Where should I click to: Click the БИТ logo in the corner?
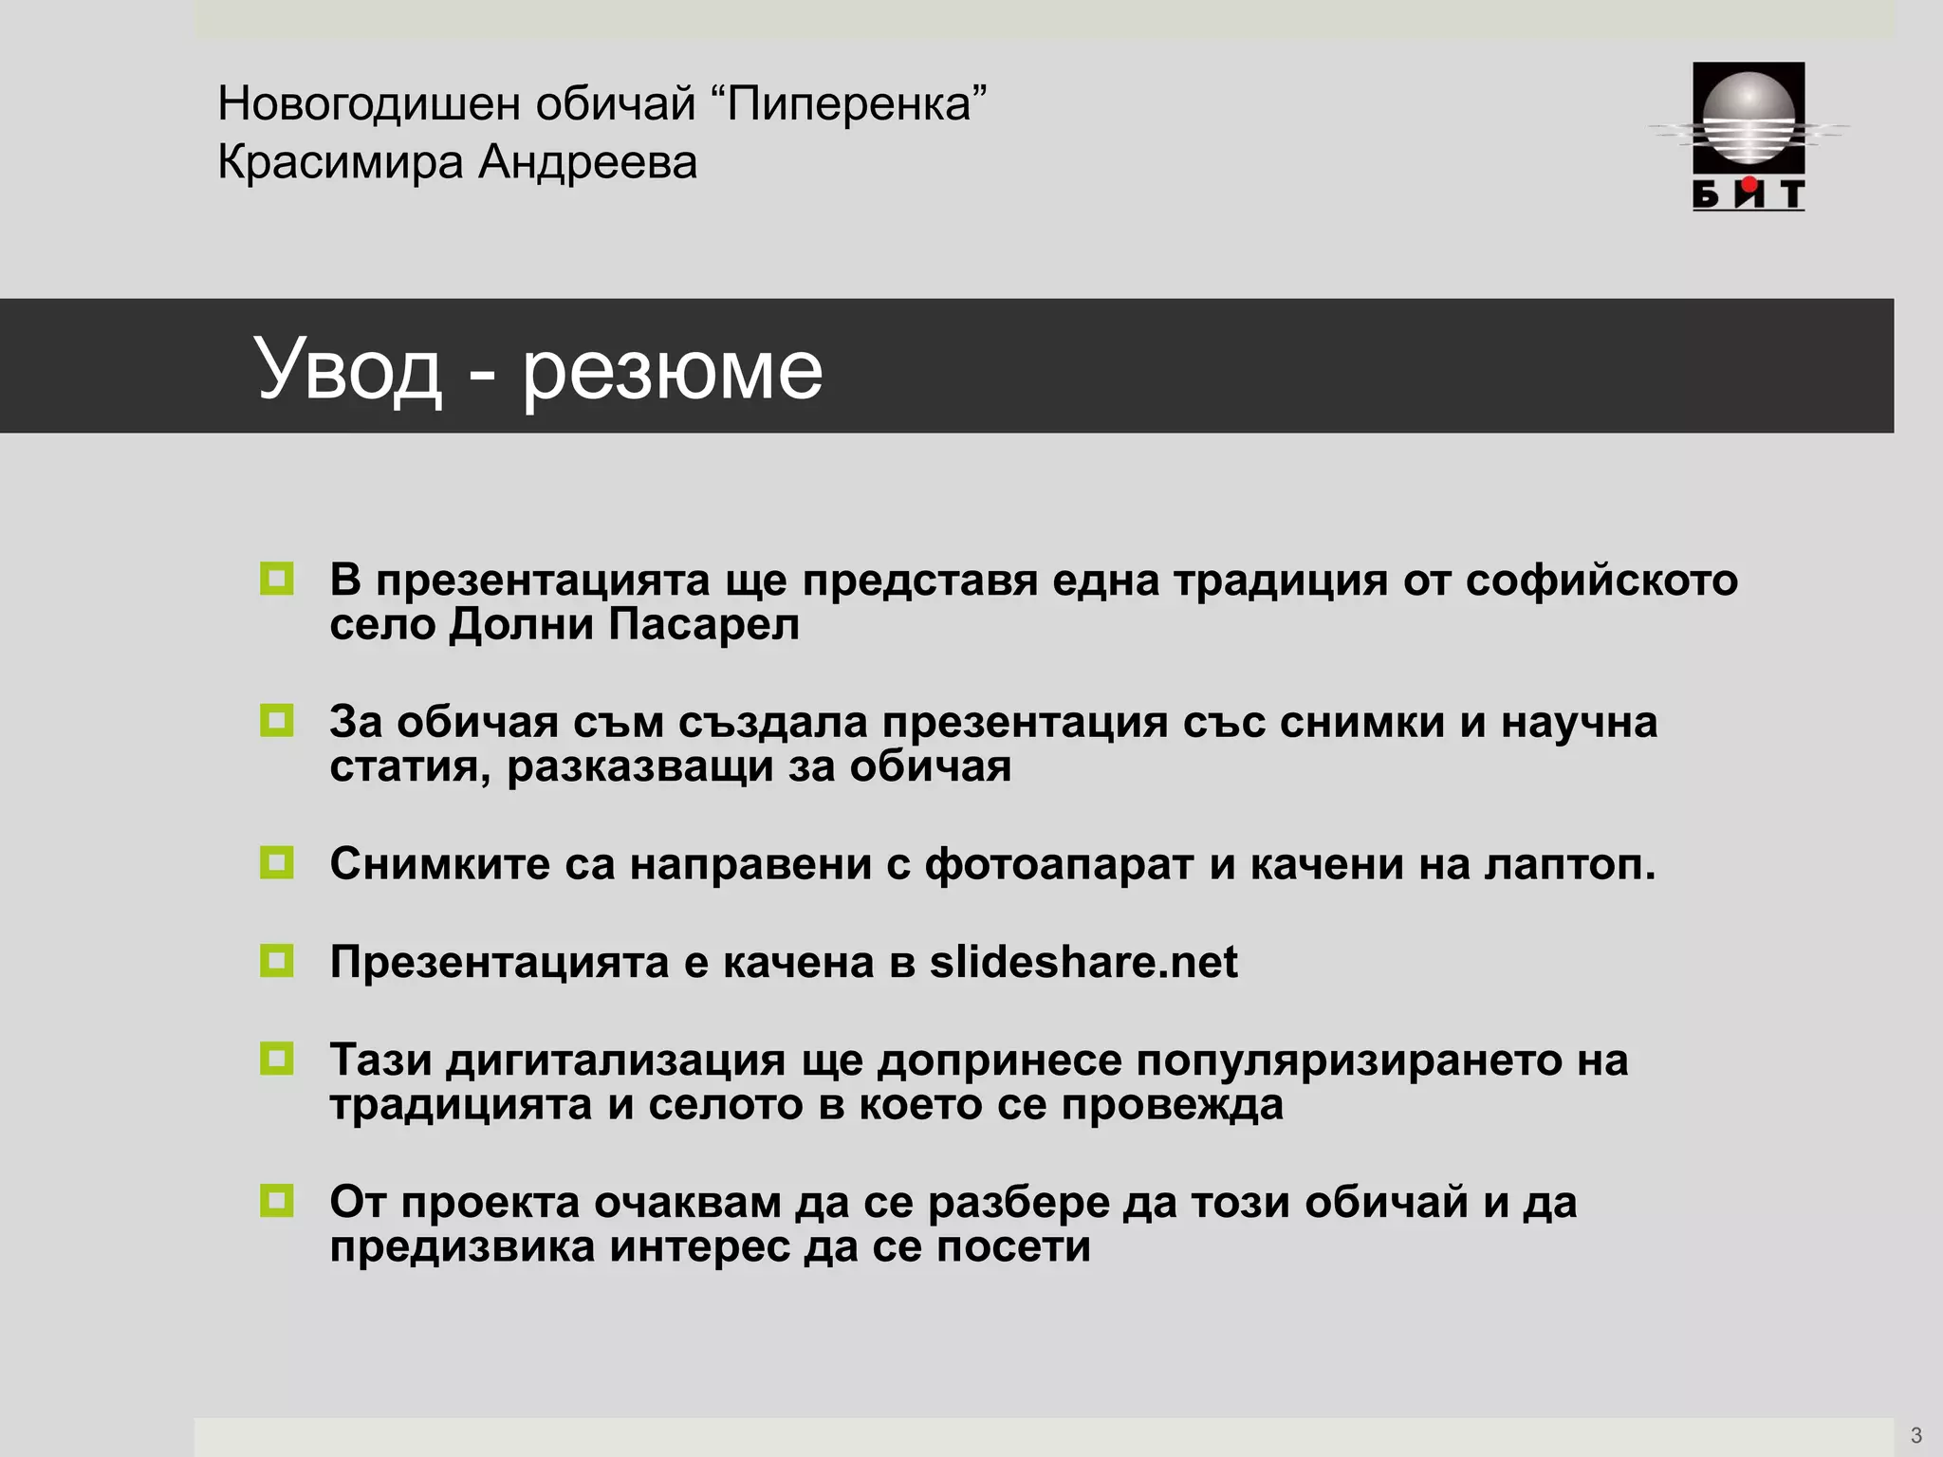point(1749,136)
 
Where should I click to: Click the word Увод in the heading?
point(348,369)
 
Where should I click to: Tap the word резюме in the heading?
point(672,369)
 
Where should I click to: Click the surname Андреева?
point(587,162)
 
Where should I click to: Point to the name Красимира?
point(341,162)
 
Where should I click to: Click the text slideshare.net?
point(1083,962)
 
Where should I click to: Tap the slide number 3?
point(1915,1435)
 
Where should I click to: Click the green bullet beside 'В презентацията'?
point(277,579)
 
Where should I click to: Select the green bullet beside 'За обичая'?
point(277,721)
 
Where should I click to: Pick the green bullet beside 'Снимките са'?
point(277,863)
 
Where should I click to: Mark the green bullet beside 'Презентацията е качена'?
point(277,961)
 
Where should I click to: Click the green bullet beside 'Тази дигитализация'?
point(277,1059)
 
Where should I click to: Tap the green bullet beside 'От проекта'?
point(277,1201)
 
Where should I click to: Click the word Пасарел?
point(704,624)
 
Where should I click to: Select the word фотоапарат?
point(1059,864)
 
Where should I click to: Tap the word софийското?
point(1601,581)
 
